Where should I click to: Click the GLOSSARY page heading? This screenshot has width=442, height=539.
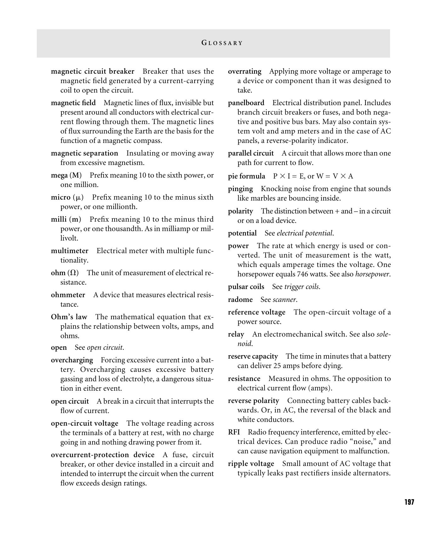[x=222, y=43]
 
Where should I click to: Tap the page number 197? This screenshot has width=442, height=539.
[x=409, y=502]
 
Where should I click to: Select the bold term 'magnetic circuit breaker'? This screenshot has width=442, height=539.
[x=93, y=71]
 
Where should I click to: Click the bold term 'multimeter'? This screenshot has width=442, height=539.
[x=70, y=251]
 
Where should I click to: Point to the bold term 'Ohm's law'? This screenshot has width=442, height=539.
[x=69, y=317]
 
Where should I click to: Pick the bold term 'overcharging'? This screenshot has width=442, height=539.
[x=72, y=360]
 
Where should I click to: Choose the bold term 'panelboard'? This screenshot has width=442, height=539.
[x=246, y=103]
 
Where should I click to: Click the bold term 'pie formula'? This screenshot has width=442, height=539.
[x=246, y=176]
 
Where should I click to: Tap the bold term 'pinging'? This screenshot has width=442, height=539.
[x=240, y=189]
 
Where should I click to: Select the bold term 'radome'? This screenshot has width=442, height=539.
[x=240, y=299]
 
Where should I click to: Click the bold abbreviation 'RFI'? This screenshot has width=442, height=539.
[x=234, y=432]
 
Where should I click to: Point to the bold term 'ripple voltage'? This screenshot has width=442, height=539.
[x=251, y=463]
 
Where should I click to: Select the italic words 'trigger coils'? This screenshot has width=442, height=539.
[x=302, y=287]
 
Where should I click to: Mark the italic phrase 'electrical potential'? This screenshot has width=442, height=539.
[x=304, y=233]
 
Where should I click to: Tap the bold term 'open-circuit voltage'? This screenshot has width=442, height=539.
[x=84, y=423]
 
